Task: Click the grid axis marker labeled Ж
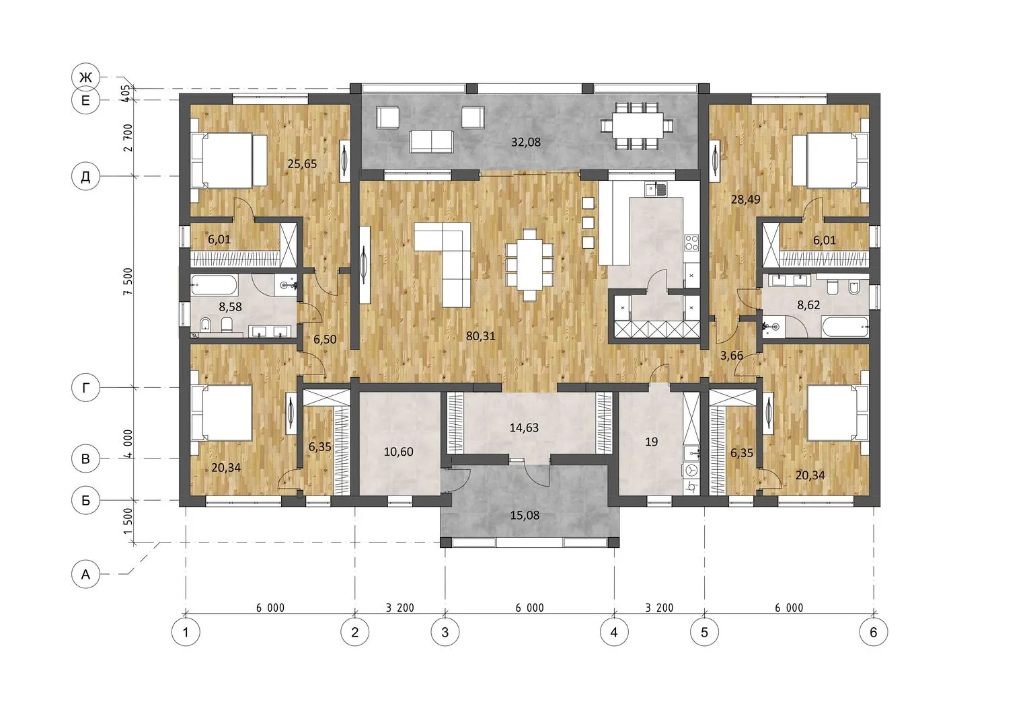coord(85,77)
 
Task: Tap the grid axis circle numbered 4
coord(614,633)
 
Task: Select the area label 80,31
coord(480,336)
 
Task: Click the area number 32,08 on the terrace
coord(526,142)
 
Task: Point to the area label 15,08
coord(525,515)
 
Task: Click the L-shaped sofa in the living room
coord(443,264)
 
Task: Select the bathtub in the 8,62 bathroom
coord(845,327)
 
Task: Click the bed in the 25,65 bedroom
coord(228,161)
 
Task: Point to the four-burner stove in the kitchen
coord(692,243)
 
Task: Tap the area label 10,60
coord(398,452)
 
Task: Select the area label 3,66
coord(731,356)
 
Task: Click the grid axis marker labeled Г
coord(85,388)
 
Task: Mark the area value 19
coord(651,442)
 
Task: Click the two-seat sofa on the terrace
coord(431,141)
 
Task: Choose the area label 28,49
coord(745,200)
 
